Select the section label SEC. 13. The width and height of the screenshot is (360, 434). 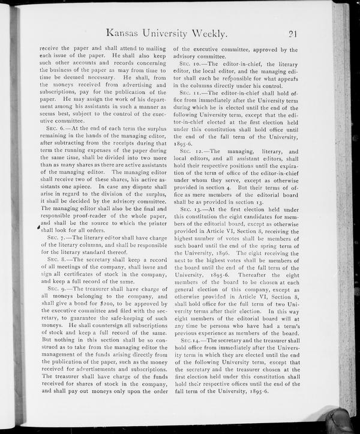tap(192, 208)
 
